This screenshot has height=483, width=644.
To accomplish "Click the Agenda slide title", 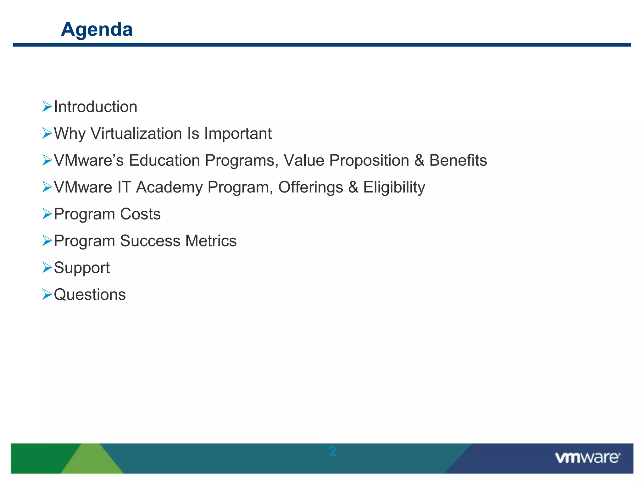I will pyautogui.click(x=97, y=29).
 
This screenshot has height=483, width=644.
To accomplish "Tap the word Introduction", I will pyautogui.click(x=96, y=107).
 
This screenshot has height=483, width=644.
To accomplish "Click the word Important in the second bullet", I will pyautogui.click(x=238, y=134).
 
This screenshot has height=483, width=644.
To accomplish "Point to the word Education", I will pyautogui.click(x=164, y=160).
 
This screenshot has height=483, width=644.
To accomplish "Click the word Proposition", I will pyautogui.click(x=369, y=160).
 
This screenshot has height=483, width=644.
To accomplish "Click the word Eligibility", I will pyautogui.click(x=394, y=187).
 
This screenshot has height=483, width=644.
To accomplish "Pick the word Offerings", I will pyautogui.click(x=311, y=187).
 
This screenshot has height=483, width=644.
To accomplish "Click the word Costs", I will pyautogui.click(x=140, y=214).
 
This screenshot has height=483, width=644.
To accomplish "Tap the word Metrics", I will pyautogui.click(x=211, y=241).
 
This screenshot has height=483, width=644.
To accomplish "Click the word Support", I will pyautogui.click(x=82, y=268).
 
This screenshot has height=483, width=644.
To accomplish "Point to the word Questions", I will pyautogui.click(x=90, y=295).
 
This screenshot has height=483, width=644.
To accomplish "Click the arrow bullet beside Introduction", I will pyautogui.click(x=47, y=107).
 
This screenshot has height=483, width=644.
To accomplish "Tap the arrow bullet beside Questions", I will pyautogui.click(x=47, y=294).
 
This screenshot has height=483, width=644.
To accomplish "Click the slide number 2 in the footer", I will pyautogui.click(x=333, y=452).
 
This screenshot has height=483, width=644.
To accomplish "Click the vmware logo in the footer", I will pyautogui.click(x=587, y=458).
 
